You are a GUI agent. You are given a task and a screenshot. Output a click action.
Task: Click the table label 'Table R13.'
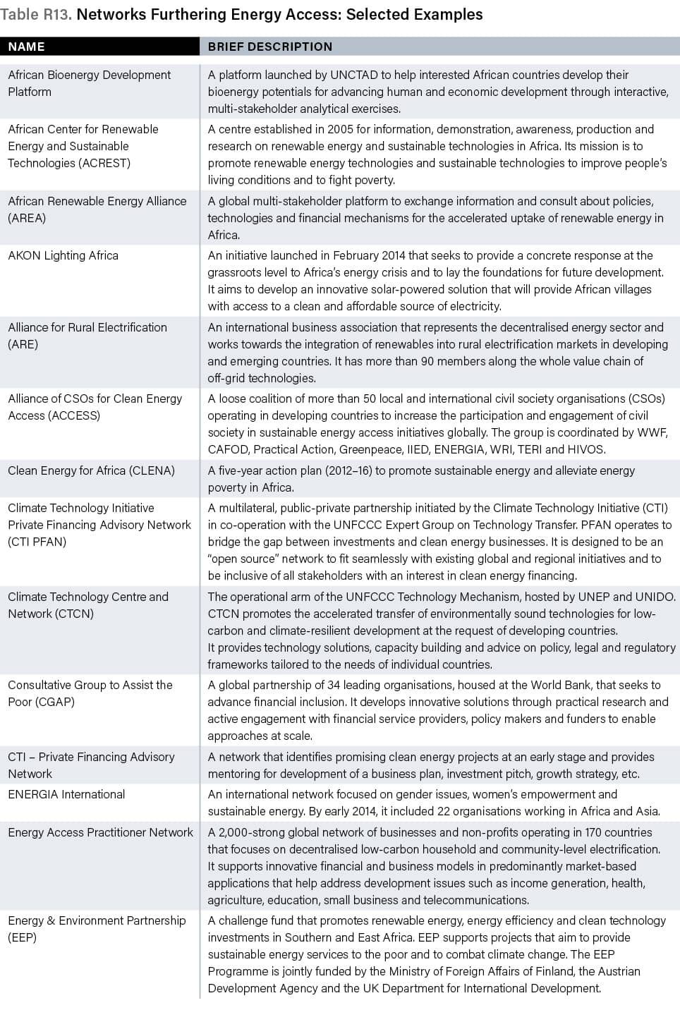coord(36,15)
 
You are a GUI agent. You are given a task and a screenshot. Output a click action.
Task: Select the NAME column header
coord(27,47)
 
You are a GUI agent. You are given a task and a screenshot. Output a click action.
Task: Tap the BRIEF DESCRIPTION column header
coord(269,47)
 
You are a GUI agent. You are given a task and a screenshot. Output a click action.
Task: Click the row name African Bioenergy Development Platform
coord(89,83)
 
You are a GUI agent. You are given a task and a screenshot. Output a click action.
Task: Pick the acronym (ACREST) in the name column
coord(104,163)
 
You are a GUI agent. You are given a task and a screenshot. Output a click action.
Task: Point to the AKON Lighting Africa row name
coord(63,255)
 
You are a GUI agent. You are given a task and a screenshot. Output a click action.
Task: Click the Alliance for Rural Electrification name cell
coord(87,336)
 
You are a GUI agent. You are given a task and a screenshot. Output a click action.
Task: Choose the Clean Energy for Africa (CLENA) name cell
coord(91,470)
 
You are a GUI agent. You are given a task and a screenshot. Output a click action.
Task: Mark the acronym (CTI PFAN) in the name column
coord(37,542)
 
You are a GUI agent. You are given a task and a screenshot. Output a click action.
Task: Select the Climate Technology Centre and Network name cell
coord(88,605)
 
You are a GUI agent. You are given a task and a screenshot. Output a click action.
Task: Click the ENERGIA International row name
coord(66,794)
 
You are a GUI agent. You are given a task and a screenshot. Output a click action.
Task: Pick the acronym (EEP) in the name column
coord(22,937)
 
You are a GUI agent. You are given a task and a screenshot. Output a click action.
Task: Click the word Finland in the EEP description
coord(550,971)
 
